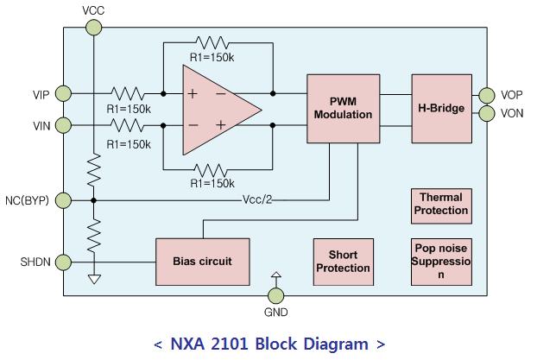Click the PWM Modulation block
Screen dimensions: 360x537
[343, 109]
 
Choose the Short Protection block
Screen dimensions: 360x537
[343, 262]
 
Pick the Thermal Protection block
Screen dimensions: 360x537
[442, 204]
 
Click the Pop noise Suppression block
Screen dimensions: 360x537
[442, 261]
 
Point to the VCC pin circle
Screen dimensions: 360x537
[93, 28]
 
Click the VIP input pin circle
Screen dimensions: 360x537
[64, 93]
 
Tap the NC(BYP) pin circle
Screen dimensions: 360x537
[64, 200]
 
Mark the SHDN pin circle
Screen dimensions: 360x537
[64, 260]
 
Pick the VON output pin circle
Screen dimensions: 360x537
[484, 112]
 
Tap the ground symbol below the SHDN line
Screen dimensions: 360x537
[93, 279]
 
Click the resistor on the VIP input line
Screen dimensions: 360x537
[127, 93]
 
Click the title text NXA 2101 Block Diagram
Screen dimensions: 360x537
[268, 344]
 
